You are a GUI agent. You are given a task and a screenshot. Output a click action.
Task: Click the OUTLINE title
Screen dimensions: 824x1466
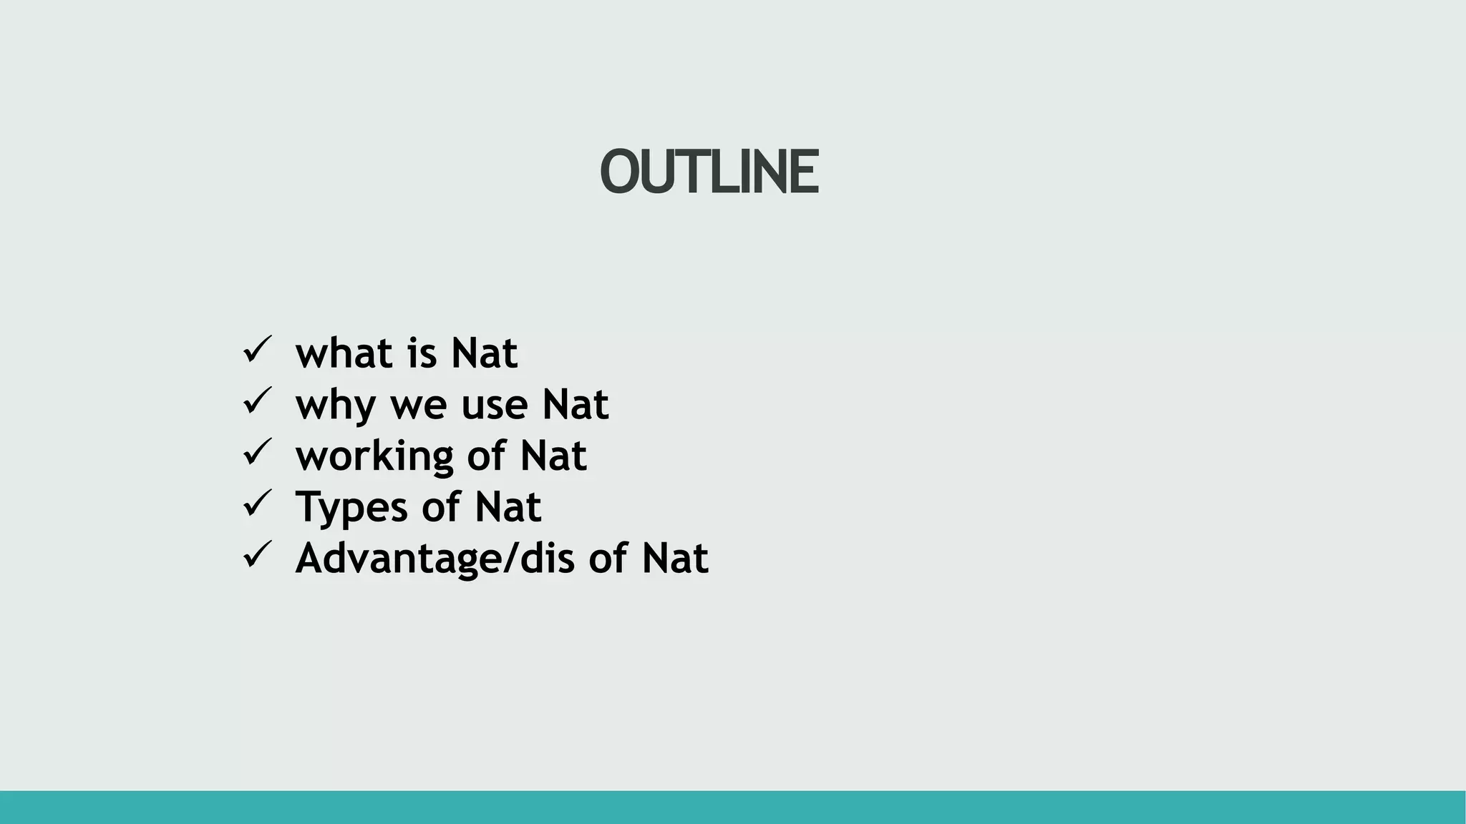(709, 172)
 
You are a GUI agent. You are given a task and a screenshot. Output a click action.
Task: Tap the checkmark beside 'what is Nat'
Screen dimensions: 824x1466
(257, 350)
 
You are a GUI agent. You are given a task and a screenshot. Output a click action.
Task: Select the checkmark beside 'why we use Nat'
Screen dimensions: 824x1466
(257, 401)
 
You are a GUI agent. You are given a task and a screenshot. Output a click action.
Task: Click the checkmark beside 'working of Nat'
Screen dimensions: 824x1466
(257, 452)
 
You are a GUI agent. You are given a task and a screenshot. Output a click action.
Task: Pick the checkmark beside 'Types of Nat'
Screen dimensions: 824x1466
(257, 503)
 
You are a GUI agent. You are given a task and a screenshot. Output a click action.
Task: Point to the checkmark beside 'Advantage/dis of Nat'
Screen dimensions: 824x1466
(257, 554)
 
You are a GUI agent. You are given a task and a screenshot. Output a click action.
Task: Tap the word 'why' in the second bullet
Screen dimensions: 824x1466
(335, 405)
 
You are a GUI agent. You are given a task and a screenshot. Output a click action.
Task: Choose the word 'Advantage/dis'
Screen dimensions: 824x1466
(435, 559)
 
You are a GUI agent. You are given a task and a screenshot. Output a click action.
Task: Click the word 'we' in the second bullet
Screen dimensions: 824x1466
(417, 405)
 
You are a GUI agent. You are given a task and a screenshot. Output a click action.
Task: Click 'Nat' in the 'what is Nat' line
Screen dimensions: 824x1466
(484, 353)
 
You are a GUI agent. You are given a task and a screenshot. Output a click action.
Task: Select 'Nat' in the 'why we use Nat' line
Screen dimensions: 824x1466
(575, 405)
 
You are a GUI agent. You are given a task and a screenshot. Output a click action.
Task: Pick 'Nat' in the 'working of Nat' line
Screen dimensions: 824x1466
(553, 456)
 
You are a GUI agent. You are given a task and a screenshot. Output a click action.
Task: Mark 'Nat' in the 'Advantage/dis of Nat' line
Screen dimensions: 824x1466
(674, 559)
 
